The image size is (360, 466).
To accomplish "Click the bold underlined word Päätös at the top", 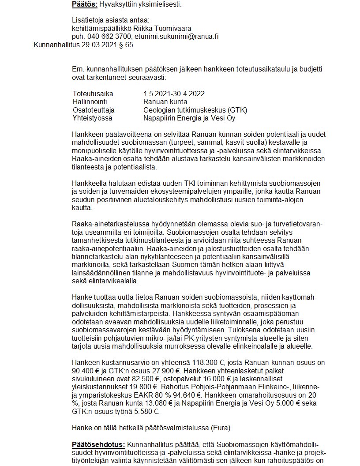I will (84, 4).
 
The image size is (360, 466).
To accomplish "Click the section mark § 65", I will (126, 45).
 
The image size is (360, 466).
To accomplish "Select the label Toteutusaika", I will (93, 94).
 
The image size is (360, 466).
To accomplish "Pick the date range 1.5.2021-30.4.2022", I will (174, 94).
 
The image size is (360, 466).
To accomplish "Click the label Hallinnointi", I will (91, 102).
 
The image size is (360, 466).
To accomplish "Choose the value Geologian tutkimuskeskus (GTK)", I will (195, 110).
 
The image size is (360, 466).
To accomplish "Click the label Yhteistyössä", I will (92, 118).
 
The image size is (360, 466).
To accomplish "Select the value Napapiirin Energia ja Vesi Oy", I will (189, 118).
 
